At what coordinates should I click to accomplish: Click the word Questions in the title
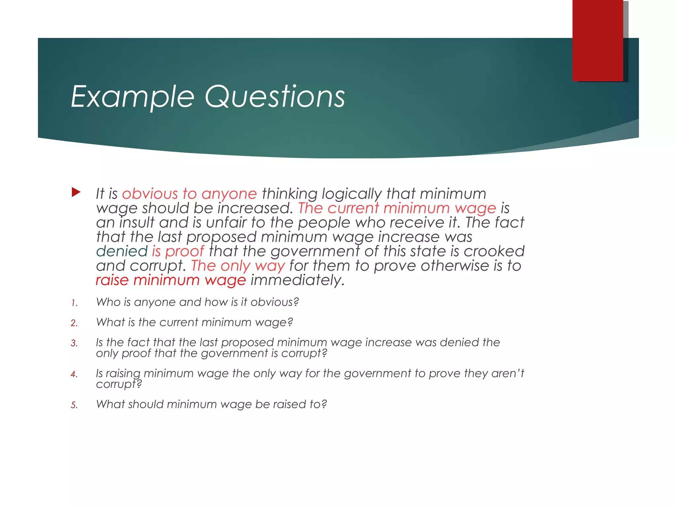coord(275,96)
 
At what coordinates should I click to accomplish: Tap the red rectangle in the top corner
coord(598,40)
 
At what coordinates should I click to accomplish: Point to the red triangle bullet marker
coord(76,192)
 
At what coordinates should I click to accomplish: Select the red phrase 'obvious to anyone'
coord(189,194)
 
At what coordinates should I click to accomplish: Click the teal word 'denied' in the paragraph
coord(122,252)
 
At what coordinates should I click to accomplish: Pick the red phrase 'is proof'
coord(178,252)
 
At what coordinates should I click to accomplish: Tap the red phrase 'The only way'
coord(238,266)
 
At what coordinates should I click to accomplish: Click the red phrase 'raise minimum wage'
coord(171,281)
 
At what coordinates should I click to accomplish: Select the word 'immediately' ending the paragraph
coord(297,281)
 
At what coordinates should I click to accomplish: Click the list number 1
coord(74,303)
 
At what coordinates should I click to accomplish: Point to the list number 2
coord(74,323)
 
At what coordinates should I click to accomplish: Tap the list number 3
coord(74,343)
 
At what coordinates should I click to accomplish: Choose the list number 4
coord(74,374)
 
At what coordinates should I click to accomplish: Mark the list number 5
coord(74,405)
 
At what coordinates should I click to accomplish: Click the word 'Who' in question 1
coord(108,302)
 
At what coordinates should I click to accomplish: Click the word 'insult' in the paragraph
coord(137,223)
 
